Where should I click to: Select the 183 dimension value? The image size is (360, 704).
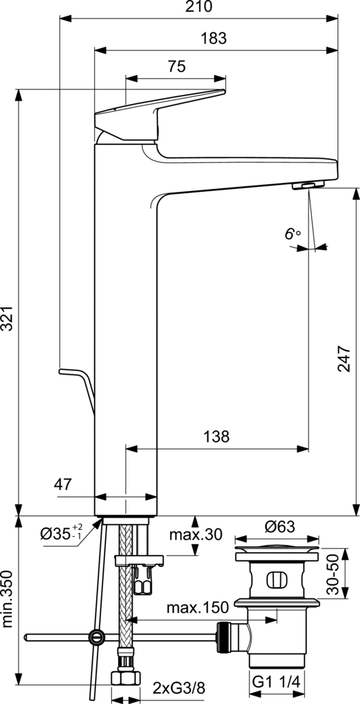[214, 38]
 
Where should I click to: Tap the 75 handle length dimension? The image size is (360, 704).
[177, 67]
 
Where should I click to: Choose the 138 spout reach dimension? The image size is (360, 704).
[216, 437]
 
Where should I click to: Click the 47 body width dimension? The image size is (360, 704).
[63, 485]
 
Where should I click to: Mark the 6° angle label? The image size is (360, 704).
[292, 234]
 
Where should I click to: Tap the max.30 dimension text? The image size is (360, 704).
[196, 534]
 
